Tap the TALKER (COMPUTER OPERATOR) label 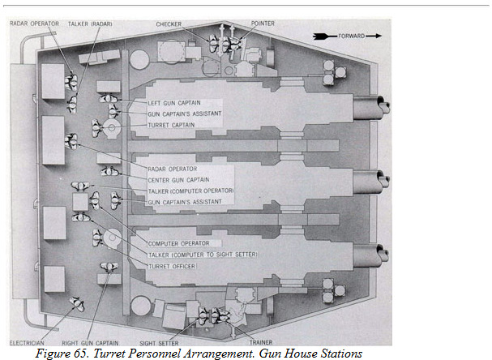(x=191, y=190)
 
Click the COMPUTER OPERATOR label (x=179, y=243)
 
